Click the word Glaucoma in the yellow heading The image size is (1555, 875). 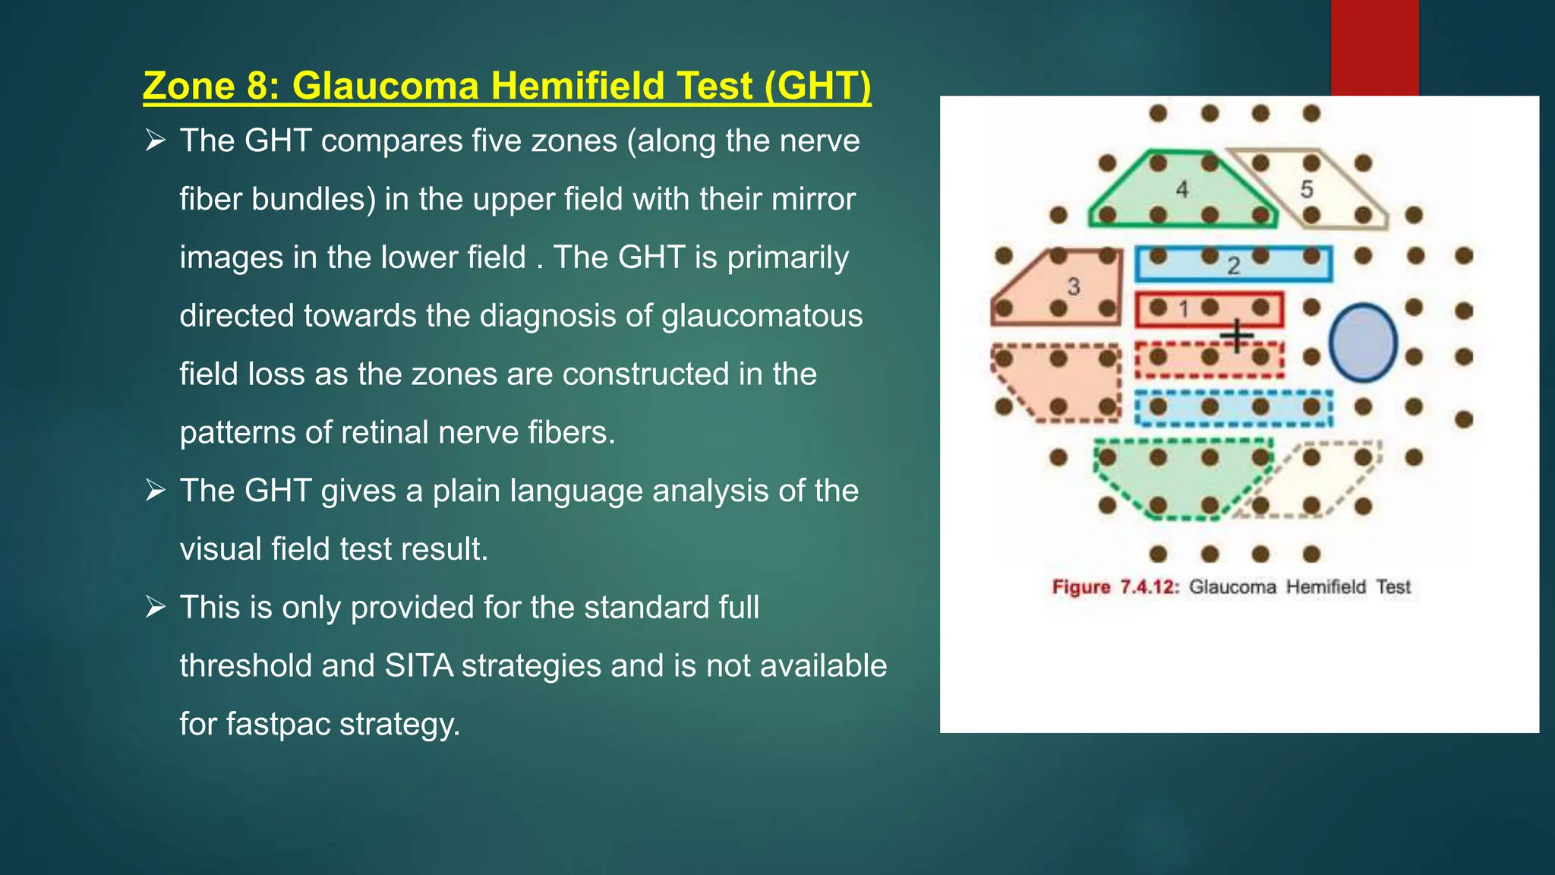[385, 85]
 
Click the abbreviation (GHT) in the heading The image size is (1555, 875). [818, 85]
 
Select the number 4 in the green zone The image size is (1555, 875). [1181, 189]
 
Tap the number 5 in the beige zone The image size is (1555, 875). [1307, 189]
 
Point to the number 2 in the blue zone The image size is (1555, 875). [1234, 265]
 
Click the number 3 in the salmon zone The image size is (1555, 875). [1074, 286]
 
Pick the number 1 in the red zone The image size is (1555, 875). [1183, 309]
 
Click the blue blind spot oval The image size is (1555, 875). [1364, 343]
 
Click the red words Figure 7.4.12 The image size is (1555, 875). [1115, 587]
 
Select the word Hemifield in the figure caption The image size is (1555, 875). [1326, 587]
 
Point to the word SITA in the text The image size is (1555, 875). [418, 666]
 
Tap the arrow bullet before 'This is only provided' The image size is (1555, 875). [156, 608]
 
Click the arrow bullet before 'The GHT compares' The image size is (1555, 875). [156, 141]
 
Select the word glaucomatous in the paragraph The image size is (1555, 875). [762, 316]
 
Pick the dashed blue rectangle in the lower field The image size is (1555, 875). [1234, 409]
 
